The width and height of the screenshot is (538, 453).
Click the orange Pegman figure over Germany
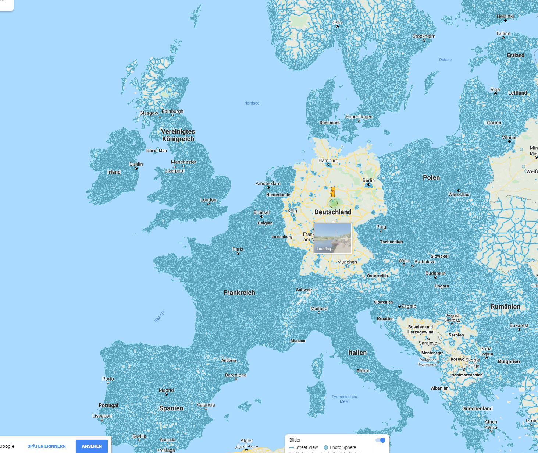coord(333,192)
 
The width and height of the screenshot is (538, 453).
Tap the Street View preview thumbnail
coord(333,238)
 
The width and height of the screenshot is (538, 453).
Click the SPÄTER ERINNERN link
coord(47,446)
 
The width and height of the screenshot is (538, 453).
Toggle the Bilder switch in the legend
coord(380,440)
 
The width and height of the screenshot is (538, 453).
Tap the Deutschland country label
coord(333,212)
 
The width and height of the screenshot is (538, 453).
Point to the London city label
coord(208,200)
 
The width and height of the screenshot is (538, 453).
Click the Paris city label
coord(238,249)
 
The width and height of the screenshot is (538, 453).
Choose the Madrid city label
coord(166,390)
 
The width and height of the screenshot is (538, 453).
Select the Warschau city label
coord(459,194)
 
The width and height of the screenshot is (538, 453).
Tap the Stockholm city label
coord(424,36)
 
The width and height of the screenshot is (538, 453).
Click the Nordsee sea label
coord(252,103)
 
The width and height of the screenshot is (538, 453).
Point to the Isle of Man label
coord(156,151)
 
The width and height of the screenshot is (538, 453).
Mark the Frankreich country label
coord(239,293)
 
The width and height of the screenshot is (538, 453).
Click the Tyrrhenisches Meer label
coord(344,399)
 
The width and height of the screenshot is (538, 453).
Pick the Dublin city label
coord(136,164)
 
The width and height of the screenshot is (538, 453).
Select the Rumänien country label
coord(505,307)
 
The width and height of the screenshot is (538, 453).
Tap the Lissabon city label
coord(102,416)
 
